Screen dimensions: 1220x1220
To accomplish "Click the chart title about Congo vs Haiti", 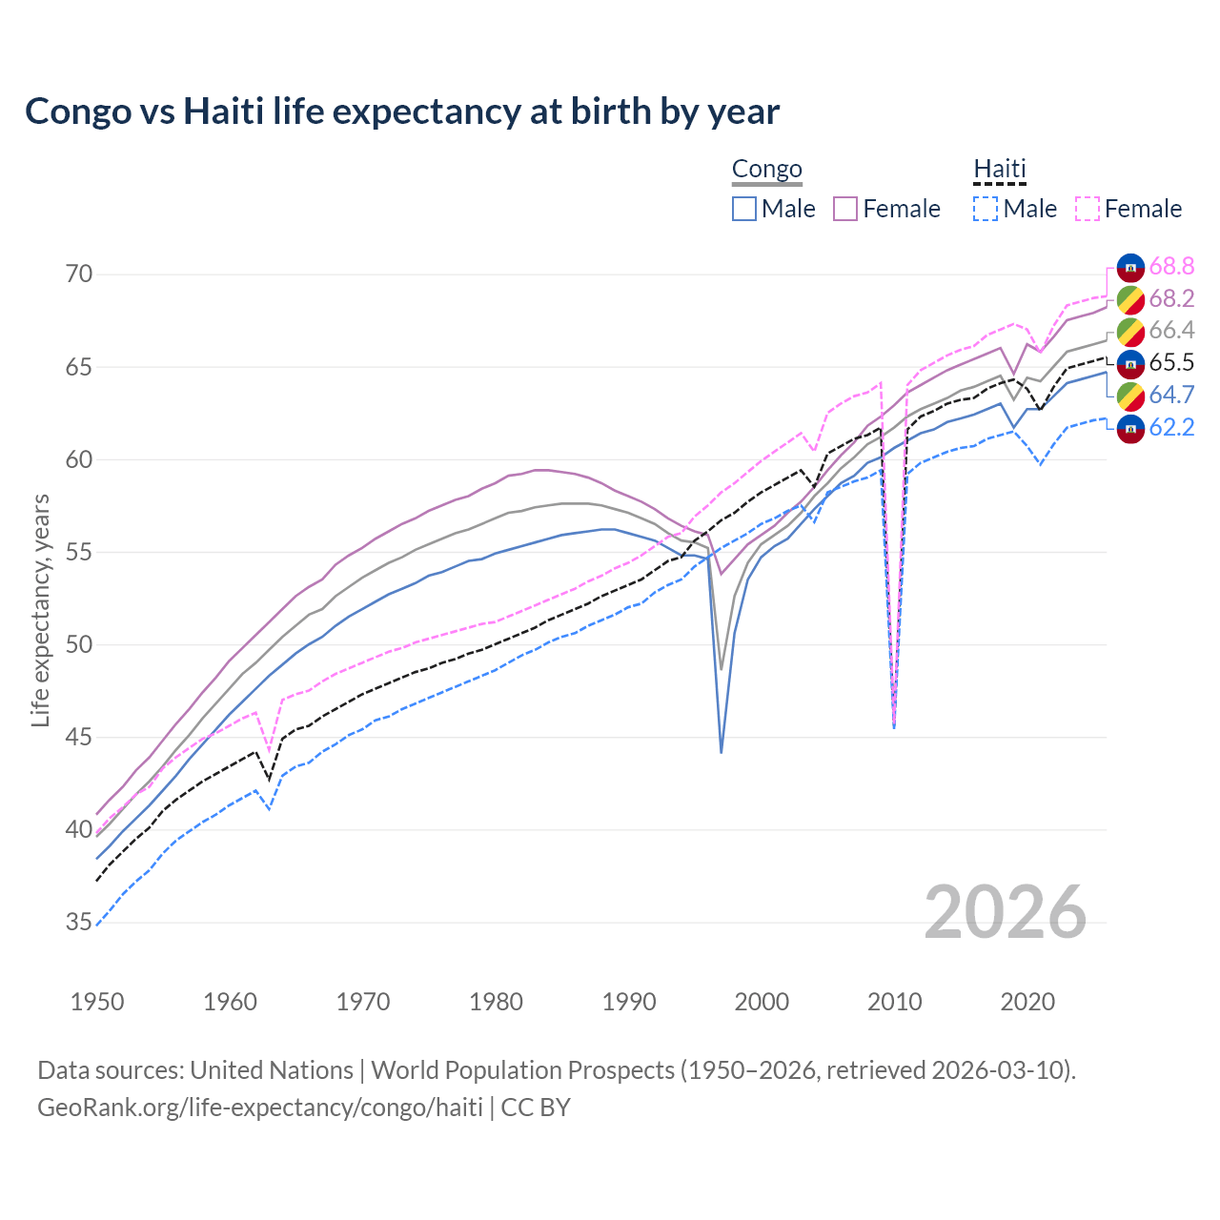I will click(x=402, y=112).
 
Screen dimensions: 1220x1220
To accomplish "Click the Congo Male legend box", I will click(x=744, y=209).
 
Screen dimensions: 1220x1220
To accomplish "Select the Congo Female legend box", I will click(x=845, y=209).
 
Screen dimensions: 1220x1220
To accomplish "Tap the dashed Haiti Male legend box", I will click(x=986, y=209).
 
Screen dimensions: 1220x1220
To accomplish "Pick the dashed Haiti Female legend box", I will click(x=1087, y=209).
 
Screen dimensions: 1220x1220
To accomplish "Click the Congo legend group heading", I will click(x=766, y=170).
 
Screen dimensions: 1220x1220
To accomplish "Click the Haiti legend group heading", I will click(x=999, y=170).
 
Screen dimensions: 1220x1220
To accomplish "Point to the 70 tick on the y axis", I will click(x=79, y=274).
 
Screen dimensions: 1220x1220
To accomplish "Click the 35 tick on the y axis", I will click(x=79, y=923).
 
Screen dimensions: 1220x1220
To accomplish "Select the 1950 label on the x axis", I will click(x=97, y=1002).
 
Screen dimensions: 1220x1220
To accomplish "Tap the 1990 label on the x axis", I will click(x=629, y=1002).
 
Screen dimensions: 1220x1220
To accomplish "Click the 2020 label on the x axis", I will click(x=1027, y=1002).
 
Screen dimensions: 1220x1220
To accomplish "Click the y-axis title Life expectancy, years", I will click(x=40, y=610).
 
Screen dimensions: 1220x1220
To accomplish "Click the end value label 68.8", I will click(x=1171, y=267).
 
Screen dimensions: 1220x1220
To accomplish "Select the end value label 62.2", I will click(x=1171, y=427).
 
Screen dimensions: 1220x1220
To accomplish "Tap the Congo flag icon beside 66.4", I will click(x=1130, y=332).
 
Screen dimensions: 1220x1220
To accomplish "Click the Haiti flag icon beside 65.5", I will click(x=1130, y=363).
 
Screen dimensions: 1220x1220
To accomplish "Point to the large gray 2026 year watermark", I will click(x=1005, y=912).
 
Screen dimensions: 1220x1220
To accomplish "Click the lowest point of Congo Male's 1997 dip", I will click(x=722, y=752).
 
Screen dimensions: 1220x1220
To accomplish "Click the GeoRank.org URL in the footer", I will click(x=259, y=1108).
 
